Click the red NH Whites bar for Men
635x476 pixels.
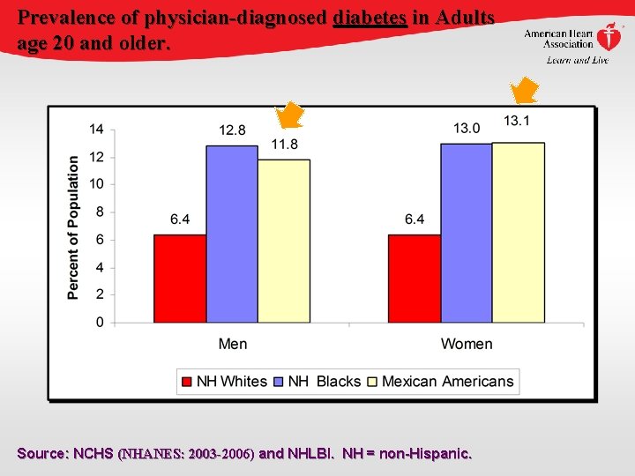click(x=180, y=279)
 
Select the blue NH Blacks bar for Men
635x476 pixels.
click(x=232, y=234)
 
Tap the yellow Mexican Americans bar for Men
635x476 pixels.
click(x=284, y=241)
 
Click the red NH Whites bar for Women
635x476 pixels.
click(x=415, y=279)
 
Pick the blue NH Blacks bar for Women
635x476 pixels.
click(x=467, y=233)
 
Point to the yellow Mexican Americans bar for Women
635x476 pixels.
click(x=519, y=232)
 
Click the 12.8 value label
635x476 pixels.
click(x=233, y=130)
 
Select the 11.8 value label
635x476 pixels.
click(x=284, y=145)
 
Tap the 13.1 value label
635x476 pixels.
click(x=517, y=121)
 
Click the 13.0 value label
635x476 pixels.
click(x=467, y=129)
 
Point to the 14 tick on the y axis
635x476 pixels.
click(x=96, y=129)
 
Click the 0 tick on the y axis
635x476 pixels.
click(x=100, y=323)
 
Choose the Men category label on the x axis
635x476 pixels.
click(x=233, y=344)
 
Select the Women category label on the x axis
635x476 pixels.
click(x=467, y=344)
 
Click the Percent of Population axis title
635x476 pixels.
click(x=73, y=227)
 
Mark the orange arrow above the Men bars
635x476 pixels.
click(x=289, y=115)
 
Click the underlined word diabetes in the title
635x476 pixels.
click(x=370, y=17)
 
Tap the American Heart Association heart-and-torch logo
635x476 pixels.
click(x=609, y=38)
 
